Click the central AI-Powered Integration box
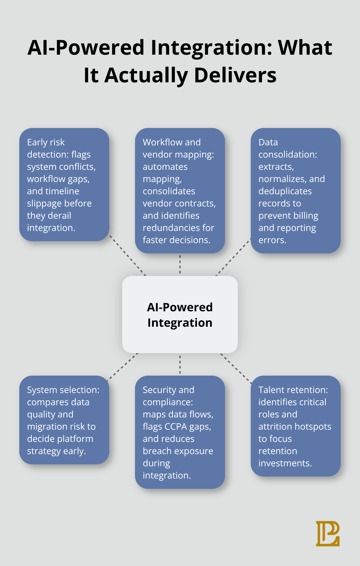coord(180,315)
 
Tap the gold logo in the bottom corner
coord(328,534)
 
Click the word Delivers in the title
coord(235,75)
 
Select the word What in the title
coord(305,48)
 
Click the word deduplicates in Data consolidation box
coord(285,191)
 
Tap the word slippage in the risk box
coord(44,204)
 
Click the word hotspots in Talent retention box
coord(313,426)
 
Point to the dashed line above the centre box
coord(180,264)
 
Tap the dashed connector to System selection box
coord(123,367)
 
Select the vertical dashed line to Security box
coord(180,364)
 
